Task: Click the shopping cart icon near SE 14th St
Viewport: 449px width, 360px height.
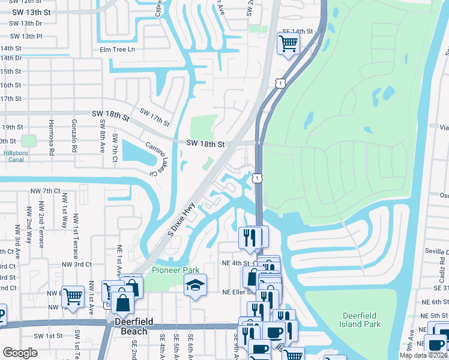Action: click(288, 43)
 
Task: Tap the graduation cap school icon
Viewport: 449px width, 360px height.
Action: click(195, 284)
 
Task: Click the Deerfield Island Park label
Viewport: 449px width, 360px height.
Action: click(362, 320)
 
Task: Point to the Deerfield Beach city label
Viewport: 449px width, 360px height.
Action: click(131, 327)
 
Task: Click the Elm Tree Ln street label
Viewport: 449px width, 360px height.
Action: click(118, 49)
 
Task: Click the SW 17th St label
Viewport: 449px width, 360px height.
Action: click(154, 116)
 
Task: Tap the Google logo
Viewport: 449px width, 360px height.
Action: click(20, 353)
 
